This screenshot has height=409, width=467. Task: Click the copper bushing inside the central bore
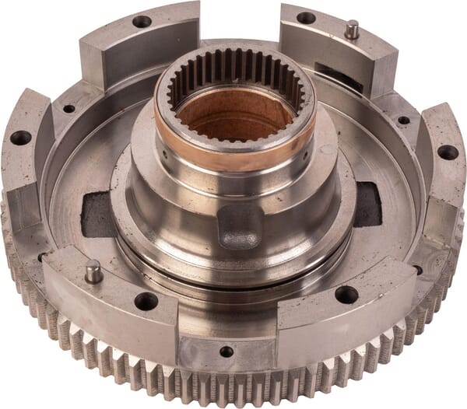click(x=233, y=124)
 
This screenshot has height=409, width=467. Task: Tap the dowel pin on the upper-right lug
click(x=352, y=30)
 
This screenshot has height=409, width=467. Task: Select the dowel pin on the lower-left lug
click(x=94, y=271)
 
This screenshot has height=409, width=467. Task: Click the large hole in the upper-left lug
click(x=142, y=21)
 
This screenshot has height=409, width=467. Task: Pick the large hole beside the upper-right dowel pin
click(x=307, y=17)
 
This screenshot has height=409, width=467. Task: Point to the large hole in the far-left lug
click(x=21, y=138)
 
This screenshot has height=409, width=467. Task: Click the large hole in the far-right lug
click(x=448, y=152)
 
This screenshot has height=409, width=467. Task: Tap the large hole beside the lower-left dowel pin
click(x=146, y=301)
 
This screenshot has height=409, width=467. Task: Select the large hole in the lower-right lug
click(x=346, y=295)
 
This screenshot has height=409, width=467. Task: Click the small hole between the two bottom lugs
click(x=226, y=351)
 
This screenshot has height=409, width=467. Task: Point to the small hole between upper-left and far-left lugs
click(x=68, y=108)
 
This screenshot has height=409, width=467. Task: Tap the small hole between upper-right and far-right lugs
click(x=403, y=120)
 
